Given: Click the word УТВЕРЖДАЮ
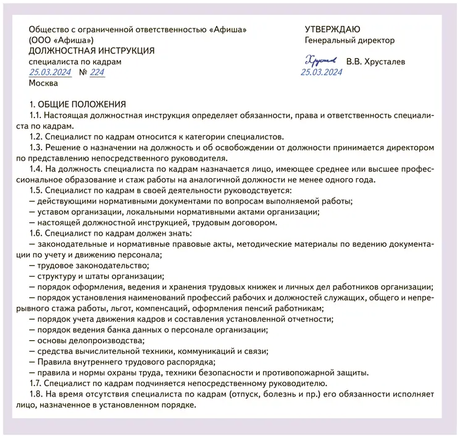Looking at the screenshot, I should (333, 30).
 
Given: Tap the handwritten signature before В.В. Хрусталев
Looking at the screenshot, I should (320, 60).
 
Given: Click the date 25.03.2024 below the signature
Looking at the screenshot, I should (321, 72).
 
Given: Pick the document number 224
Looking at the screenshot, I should (97, 72).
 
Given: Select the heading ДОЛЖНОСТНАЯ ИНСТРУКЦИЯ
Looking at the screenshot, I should (91, 51).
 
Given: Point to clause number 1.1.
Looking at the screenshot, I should (37, 116).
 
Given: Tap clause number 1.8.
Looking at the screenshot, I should (38, 394).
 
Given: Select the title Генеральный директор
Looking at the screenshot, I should (349, 40).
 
